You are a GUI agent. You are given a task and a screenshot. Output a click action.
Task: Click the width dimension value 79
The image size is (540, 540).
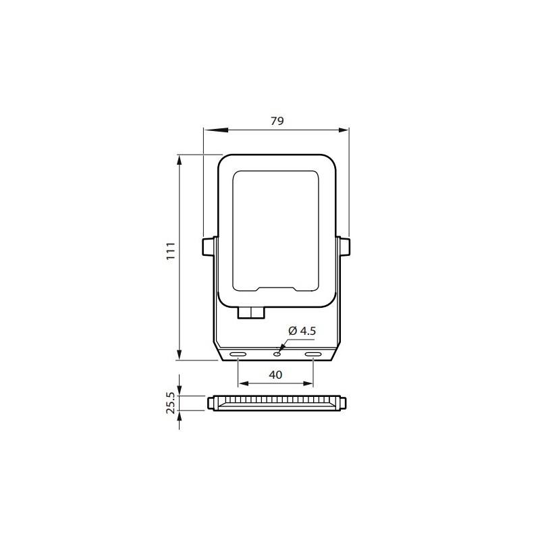[x=276, y=121]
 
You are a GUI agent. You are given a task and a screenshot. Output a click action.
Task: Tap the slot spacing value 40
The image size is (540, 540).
[x=275, y=375]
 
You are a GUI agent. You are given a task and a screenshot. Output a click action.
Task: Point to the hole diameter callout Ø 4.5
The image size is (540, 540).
[x=302, y=331]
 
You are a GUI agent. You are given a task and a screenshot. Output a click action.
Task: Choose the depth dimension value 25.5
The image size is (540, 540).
[x=171, y=403]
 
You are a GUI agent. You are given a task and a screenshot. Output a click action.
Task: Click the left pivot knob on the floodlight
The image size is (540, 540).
[x=208, y=247]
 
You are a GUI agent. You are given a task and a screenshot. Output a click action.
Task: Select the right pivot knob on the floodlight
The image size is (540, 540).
[x=344, y=247]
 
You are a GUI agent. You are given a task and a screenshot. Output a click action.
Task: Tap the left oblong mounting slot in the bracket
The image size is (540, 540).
[x=238, y=354]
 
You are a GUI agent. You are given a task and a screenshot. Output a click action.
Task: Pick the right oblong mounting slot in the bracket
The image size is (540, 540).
[x=313, y=354]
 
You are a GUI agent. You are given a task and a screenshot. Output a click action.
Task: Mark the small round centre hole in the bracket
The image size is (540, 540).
[x=277, y=352]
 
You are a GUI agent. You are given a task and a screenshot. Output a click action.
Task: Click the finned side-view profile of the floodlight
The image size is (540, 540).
[x=275, y=403]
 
